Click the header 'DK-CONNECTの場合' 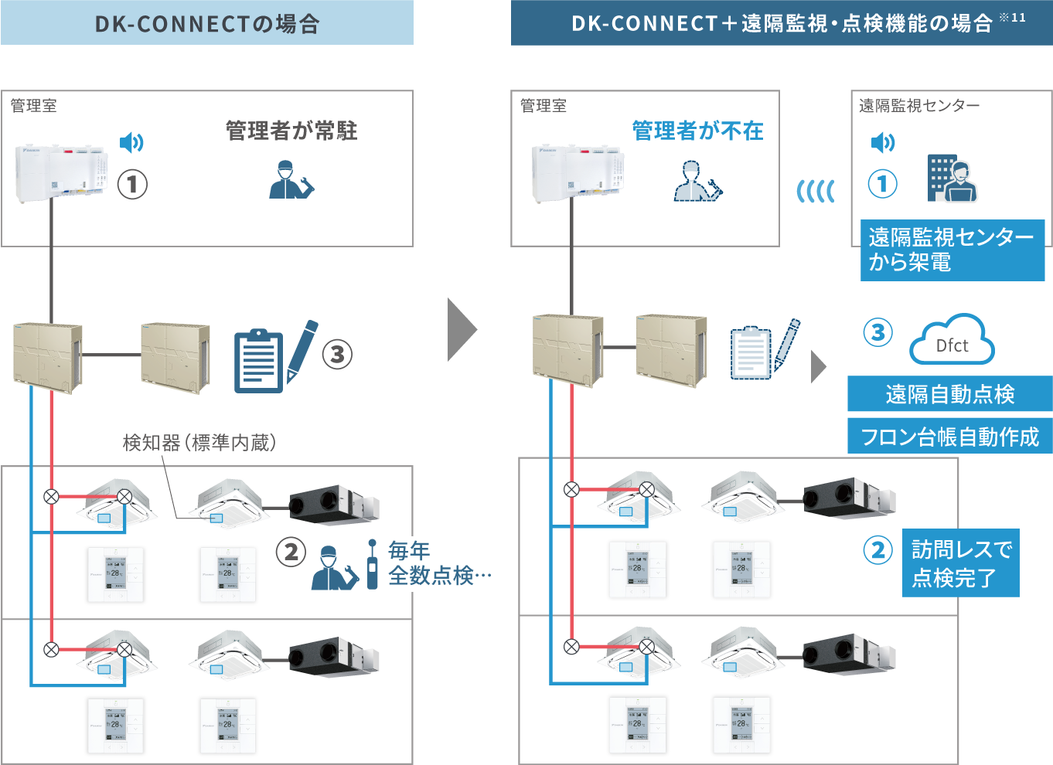click(x=206, y=23)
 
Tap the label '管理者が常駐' click(x=291, y=131)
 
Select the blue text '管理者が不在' click(x=697, y=131)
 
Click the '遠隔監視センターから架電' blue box click(x=952, y=250)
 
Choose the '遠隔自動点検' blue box click(x=949, y=394)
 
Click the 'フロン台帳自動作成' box click(x=949, y=437)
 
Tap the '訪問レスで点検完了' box click(x=961, y=563)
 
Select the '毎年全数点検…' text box click(x=448, y=563)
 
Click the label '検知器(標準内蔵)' click(x=199, y=442)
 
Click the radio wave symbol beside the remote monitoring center click(x=816, y=191)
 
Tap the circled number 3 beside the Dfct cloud click(x=877, y=333)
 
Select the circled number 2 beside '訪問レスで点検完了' click(x=878, y=550)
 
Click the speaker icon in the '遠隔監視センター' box click(x=882, y=142)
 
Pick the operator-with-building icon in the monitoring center click(x=952, y=178)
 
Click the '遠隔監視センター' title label click(x=918, y=106)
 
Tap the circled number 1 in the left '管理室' click(x=132, y=184)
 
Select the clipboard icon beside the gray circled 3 click(x=258, y=361)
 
